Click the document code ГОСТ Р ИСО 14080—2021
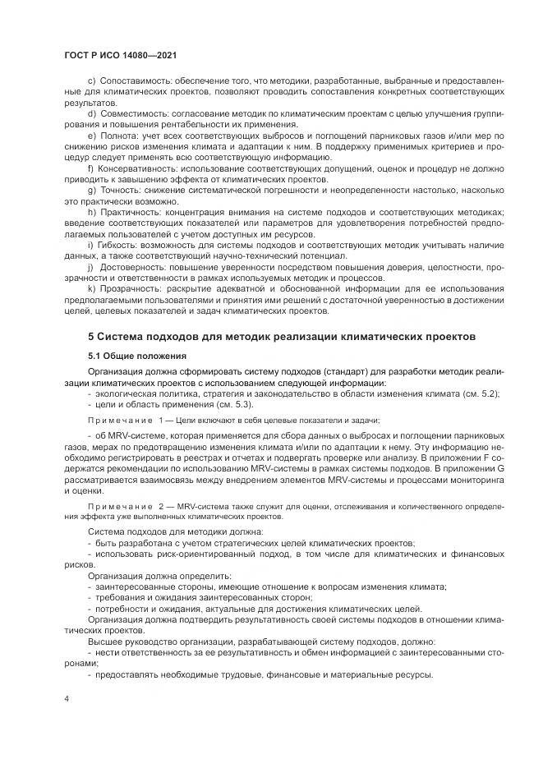(x=119, y=56)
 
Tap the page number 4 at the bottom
(x=66, y=700)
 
